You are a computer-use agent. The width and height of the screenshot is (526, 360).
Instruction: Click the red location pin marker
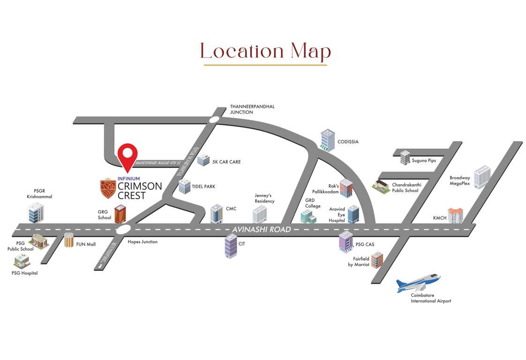(x=127, y=155)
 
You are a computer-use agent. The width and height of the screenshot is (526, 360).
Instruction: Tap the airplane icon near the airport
(x=418, y=282)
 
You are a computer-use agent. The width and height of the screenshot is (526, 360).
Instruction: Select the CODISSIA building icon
(x=327, y=140)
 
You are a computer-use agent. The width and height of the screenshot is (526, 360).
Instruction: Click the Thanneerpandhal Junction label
(x=252, y=109)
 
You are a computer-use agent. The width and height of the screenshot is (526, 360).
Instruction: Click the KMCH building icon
(x=455, y=215)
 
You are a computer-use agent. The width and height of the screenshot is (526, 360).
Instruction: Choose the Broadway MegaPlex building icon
(x=482, y=178)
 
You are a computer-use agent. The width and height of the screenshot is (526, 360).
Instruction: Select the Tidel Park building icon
(x=184, y=187)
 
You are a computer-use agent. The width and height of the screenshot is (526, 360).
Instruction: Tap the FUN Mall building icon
(x=69, y=240)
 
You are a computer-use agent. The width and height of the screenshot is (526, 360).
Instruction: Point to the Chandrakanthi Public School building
(x=381, y=187)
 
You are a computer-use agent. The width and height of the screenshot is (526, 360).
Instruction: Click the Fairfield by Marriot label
(x=358, y=262)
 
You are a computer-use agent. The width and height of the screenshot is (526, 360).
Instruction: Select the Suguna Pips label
(x=424, y=160)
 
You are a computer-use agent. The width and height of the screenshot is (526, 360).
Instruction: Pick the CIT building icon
(x=230, y=246)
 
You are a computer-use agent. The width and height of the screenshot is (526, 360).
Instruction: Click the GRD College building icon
(x=308, y=216)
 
